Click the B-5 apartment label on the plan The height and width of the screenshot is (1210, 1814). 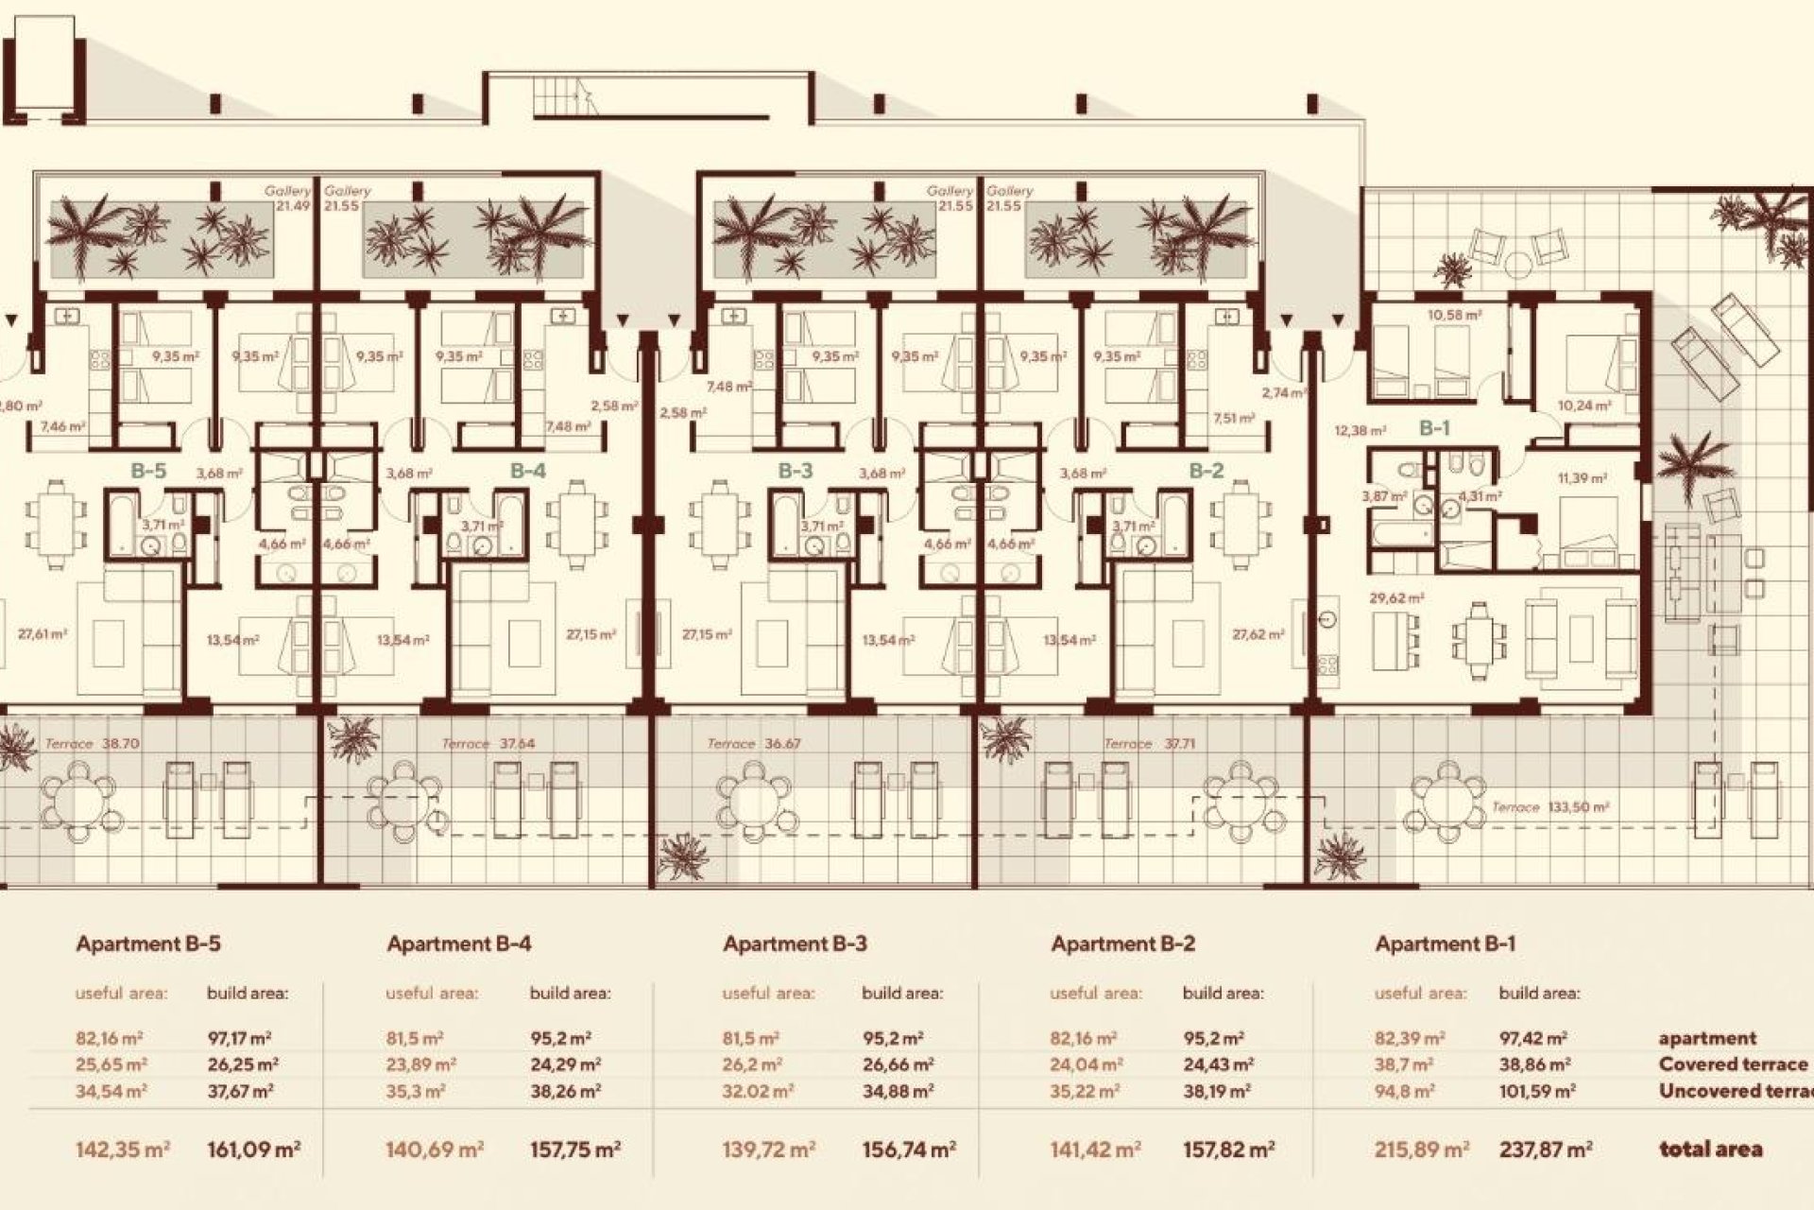148,471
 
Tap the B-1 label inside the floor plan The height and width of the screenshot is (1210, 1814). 1434,428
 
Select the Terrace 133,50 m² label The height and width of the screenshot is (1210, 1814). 1550,807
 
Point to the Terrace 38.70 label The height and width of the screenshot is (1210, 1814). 92,744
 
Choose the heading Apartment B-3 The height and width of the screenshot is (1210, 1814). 795,943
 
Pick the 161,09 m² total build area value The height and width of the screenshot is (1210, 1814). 253,1149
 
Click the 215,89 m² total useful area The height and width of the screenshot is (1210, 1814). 1421,1149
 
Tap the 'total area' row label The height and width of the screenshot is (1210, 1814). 1710,1149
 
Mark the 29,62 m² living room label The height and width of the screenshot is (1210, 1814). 1396,598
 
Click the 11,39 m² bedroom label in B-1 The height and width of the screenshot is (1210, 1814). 1583,479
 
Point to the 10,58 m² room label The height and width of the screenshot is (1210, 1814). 1454,315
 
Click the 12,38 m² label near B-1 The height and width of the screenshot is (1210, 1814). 1360,431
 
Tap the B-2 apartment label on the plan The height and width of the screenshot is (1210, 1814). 1206,471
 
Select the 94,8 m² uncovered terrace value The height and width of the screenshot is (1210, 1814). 1404,1091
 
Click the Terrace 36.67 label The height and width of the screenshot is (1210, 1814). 753,744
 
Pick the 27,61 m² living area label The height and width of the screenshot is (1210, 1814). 43,634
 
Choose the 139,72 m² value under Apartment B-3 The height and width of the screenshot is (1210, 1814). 768,1149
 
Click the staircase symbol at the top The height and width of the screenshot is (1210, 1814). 565,95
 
